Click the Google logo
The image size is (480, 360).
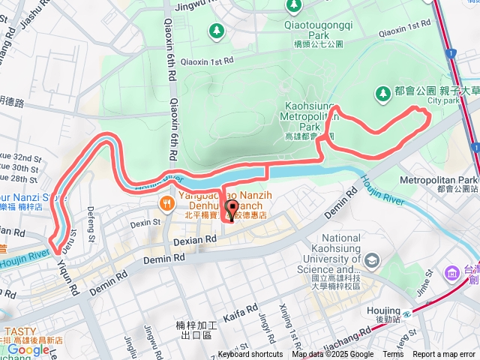click(x=28, y=349)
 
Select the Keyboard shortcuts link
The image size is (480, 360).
click(x=251, y=355)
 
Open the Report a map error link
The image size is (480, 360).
click(x=444, y=355)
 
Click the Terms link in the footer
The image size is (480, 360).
click(x=392, y=355)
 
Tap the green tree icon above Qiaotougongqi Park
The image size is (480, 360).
click(x=292, y=7)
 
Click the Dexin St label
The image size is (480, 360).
click(x=139, y=223)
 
